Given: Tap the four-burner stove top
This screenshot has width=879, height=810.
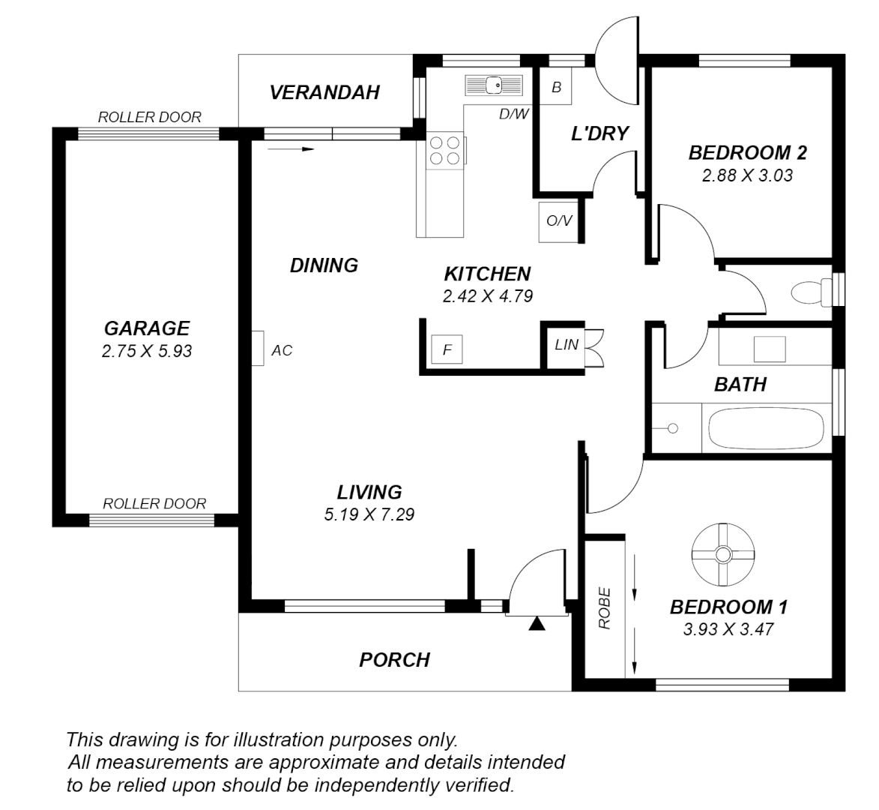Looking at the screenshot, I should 444,150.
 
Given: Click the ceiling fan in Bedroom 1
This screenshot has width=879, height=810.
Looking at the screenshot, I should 722,555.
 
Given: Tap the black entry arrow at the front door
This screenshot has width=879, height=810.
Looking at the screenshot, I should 537,624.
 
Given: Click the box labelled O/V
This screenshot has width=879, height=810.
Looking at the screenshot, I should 558,221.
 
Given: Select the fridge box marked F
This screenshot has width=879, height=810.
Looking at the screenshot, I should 447,349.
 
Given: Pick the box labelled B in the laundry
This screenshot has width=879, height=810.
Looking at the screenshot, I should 556,87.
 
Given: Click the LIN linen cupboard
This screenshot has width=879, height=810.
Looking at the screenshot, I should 567,345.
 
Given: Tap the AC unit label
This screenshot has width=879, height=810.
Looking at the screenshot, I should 281,350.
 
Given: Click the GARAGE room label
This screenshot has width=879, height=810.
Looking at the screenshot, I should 146,328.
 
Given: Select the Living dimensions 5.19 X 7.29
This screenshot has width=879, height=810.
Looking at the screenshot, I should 369,515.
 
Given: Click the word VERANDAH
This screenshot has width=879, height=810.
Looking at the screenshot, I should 324,92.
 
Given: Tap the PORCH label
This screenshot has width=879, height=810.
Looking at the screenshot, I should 394,660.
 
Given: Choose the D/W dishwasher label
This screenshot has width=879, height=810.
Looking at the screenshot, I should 513,114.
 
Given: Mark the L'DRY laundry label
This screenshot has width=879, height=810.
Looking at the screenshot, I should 599,134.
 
